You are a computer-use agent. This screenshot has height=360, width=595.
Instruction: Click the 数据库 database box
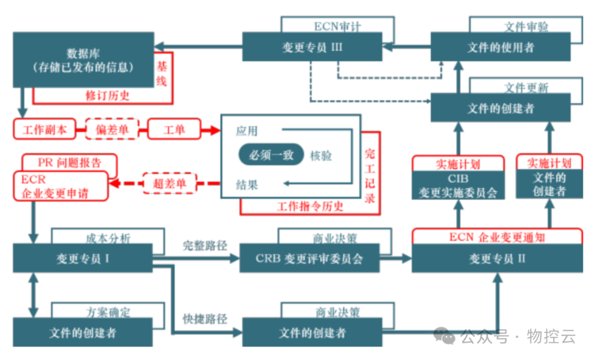pyautogui.click(x=83, y=60)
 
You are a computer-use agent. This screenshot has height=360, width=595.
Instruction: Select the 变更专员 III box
pyautogui.click(x=312, y=47)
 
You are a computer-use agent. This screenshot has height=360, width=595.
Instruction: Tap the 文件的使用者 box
pyautogui.click(x=500, y=47)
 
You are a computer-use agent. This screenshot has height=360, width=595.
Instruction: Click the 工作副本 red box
pyautogui.click(x=45, y=130)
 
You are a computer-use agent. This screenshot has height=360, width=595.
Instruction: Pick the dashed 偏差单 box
pyautogui.click(x=112, y=130)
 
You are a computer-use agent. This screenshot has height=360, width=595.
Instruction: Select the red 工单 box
pyautogui.click(x=174, y=130)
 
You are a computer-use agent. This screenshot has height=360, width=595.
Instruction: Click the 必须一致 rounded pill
pyautogui.click(x=271, y=155)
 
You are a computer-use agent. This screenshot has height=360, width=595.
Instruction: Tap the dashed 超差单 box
pyautogui.click(x=170, y=183)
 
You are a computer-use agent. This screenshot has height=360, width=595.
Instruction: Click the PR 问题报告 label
pyautogui.click(x=69, y=162)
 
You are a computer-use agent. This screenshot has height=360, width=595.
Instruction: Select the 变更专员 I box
pyautogui.click(x=83, y=259)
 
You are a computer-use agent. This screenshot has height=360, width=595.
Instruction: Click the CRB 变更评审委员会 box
pyautogui.click(x=309, y=259)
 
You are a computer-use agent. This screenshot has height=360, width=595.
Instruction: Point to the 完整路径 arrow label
pyautogui.click(x=205, y=245)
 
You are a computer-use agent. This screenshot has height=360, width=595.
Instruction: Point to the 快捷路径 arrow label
pyautogui.click(x=205, y=319)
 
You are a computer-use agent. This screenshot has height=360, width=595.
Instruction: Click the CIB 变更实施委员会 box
pyautogui.click(x=458, y=185)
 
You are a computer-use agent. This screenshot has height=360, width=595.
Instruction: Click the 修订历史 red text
pyautogui.click(x=107, y=95)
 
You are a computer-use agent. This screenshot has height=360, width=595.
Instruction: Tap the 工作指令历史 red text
pyautogui.click(x=310, y=207)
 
